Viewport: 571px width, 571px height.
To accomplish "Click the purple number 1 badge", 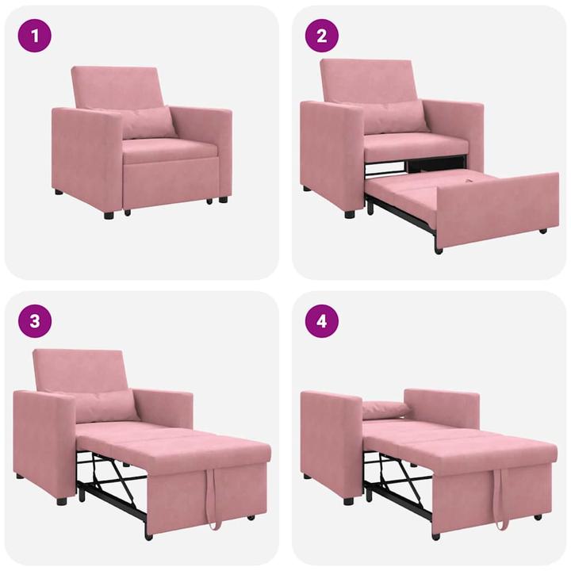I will point(35,35).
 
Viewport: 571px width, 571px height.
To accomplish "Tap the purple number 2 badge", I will point(321,35).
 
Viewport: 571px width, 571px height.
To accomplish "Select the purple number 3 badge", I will point(35,320).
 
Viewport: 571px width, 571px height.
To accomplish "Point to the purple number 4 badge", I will point(321,320).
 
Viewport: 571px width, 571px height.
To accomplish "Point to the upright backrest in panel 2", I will point(368,79).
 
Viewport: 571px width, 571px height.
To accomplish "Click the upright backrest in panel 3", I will point(79,369).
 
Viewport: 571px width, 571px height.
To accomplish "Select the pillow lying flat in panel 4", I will point(386,410).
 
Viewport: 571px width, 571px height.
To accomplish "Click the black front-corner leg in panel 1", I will point(109,214).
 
